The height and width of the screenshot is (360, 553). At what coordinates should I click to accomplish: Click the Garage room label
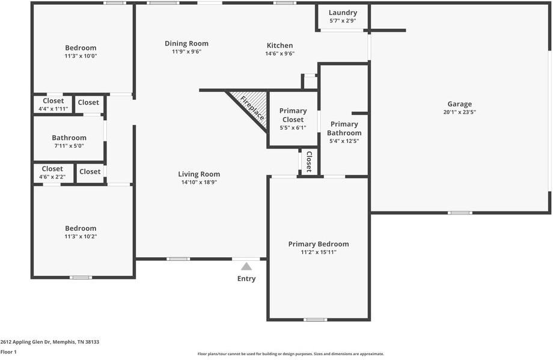pyautogui.click(x=460, y=104)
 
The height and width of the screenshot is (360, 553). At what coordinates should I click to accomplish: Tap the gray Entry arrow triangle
pyautogui.click(x=246, y=266)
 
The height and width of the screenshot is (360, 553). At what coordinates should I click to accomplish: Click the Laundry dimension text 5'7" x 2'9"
pyautogui.click(x=343, y=21)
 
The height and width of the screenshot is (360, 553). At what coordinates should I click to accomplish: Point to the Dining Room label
pyautogui.click(x=186, y=43)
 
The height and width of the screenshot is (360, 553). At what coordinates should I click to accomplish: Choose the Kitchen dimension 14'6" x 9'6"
pyautogui.click(x=280, y=53)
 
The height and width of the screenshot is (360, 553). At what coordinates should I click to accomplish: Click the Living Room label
pyautogui.click(x=199, y=174)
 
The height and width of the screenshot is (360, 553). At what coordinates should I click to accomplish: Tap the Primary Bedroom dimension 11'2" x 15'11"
pyautogui.click(x=319, y=252)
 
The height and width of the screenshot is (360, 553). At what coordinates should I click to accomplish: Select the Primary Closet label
pyautogui.click(x=293, y=115)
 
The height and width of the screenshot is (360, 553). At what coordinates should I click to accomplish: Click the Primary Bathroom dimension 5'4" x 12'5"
pyautogui.click(x=344, y=141)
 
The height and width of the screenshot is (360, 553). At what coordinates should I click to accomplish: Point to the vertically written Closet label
pyautogui.click(x=310, y=162)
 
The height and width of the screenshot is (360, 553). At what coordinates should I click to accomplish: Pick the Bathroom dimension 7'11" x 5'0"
pyautogui.click(x=69, y=146)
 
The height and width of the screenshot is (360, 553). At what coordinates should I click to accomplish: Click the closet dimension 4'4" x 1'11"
pyautogui.click(x=53, y=109)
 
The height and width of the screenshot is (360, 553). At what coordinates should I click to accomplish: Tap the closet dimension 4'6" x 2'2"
pyautogui.click(x=52, y=177)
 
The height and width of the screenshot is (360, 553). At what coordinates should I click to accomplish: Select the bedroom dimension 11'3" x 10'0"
pyautogui.click(x=81, y=56)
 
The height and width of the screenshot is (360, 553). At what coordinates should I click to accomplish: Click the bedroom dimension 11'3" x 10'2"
pyautogui.click(x=81, y=237)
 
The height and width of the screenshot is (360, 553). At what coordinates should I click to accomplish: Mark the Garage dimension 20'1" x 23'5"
pyautogui.click(x=460, y=112)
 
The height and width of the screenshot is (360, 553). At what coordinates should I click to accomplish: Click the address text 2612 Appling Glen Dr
pyautogui.click(x=26, y=342)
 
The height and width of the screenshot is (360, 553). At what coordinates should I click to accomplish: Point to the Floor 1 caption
pyautogui.click(x=8, y=352)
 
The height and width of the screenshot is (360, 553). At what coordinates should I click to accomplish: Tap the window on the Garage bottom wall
pyautogui.click(x=460, y=213)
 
